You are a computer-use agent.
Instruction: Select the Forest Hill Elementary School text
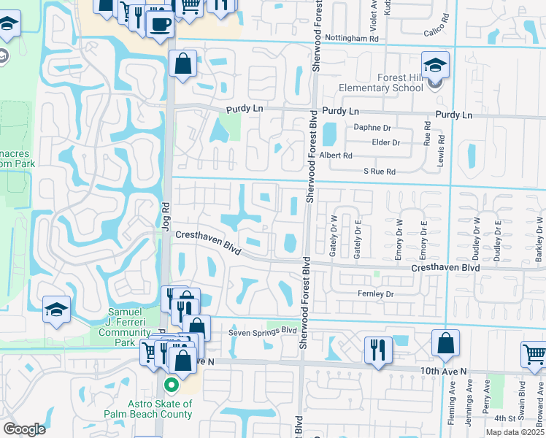(x=381, y=82)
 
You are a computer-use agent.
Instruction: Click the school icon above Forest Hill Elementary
(x=435, y=66)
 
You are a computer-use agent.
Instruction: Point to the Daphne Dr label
(x=372, y=127)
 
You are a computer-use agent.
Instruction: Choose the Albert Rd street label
(x=337, y=155)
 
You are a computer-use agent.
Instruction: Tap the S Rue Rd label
(x=380, y=172)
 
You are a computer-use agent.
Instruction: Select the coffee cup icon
(x=160, y=23)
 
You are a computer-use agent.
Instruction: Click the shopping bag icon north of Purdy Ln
(x=182, y=64)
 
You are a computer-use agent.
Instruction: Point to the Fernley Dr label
(x=375, y=294)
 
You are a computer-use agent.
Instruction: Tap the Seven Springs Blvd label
(x=264, y=330)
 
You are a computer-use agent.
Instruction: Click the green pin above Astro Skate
(x=172, y=384)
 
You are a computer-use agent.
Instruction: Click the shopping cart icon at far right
(x=534, y=354)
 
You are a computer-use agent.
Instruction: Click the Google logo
(x=24, y=429)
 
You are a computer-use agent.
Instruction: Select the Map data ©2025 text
(x=515, y=432)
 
